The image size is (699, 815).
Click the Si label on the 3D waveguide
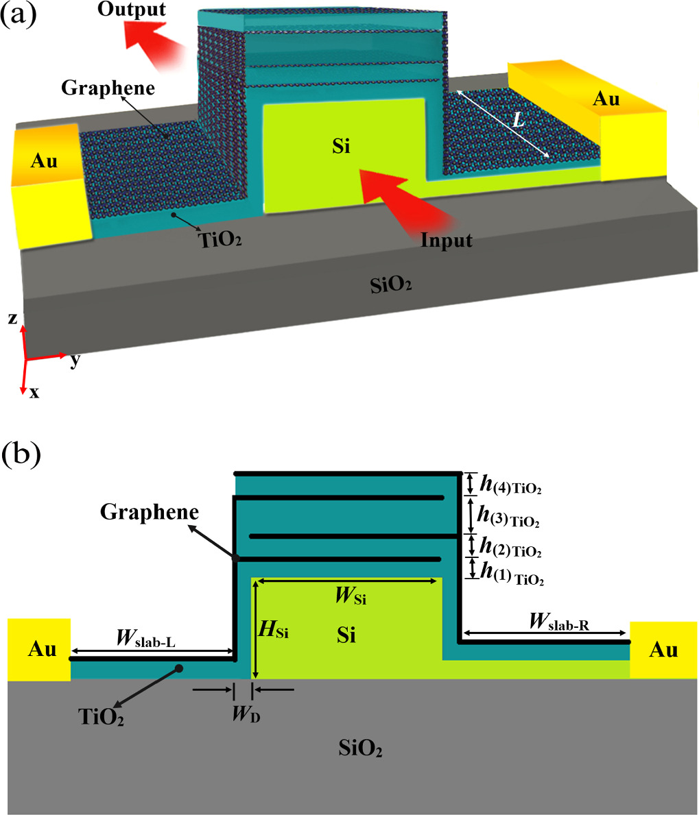click(340, 146)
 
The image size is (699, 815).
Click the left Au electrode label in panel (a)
click(45, 162)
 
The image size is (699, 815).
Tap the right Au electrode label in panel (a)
click(606, 99)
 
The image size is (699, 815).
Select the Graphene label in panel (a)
click(108, 88)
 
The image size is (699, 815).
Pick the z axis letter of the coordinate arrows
click(12, 319)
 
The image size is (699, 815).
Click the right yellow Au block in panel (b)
click(663, 649)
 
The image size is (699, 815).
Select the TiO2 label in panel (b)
click(101, 716)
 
